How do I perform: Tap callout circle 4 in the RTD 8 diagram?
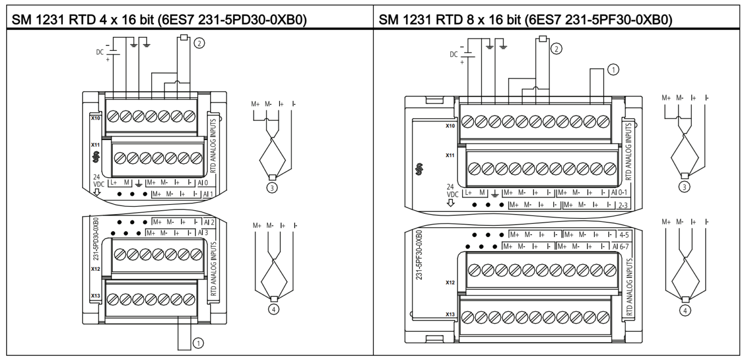click(684, 310)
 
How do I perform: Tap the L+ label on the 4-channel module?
click(114, 183)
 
